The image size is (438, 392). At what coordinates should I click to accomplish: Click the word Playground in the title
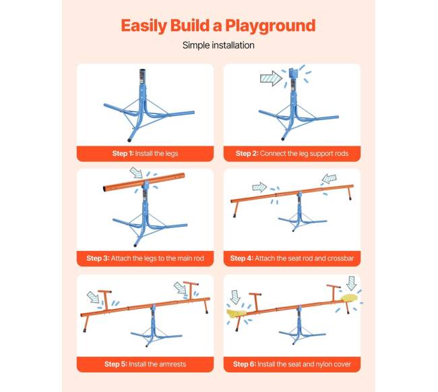click(270, 26)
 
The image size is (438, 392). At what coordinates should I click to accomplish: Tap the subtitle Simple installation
click(218, 45)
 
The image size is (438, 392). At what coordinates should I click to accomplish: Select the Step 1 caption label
click(145, 153)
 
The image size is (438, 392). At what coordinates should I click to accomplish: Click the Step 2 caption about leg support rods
click(292, 153)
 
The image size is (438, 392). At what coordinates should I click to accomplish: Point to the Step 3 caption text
click(145, 258)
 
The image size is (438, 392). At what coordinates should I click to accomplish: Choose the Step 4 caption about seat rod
click(292, 258)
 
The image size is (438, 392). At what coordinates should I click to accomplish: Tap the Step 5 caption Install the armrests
click(145, 364)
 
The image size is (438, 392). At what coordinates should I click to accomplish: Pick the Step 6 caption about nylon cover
click(292, 364)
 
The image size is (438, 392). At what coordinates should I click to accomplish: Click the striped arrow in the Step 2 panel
click(271, 78)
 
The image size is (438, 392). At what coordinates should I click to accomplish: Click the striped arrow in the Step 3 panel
click(137, 173)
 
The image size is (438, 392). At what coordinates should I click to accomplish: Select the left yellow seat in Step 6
click(237, 314)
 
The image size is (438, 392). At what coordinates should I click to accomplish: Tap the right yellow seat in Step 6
click(349, 298)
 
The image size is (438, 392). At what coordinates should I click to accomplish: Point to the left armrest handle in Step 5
click(105, 300)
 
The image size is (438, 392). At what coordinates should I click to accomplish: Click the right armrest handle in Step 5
click(191, 290)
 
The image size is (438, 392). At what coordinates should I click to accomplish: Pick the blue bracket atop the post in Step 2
click(293, 74)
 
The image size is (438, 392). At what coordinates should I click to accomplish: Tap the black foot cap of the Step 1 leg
click(129, 139)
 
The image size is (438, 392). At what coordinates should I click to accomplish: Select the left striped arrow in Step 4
click(259, 187)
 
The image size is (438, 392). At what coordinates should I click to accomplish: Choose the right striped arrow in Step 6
click(351, 283)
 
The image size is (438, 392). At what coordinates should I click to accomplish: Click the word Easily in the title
click(144, 26)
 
